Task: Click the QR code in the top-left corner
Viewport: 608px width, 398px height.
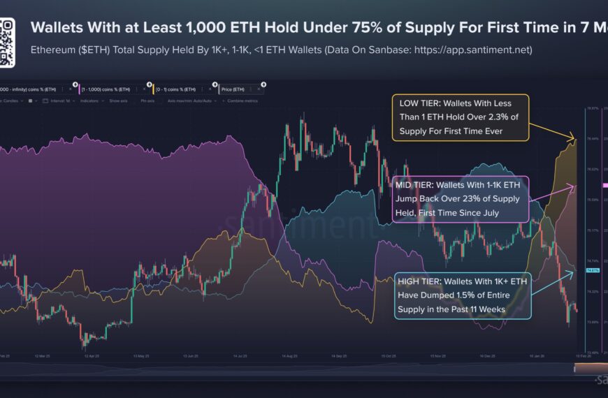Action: click(7, 43)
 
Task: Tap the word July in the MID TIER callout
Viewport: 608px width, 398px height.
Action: click(487, 212)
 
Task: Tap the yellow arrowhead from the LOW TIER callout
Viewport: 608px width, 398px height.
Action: click(574, 140)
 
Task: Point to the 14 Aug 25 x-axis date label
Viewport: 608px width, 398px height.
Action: click(291, 355)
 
